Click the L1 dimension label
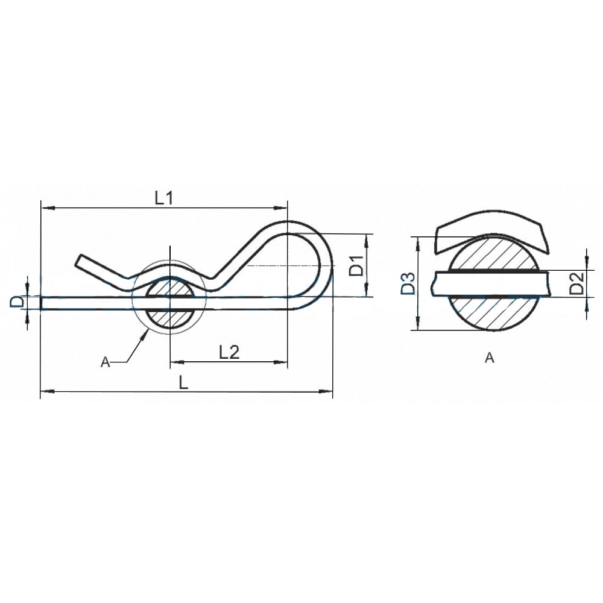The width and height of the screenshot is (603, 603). (164, 198)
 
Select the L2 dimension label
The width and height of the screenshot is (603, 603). (229, 352)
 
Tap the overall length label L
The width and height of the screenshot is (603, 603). (184, 383)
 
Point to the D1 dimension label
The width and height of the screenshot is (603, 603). (356, 265)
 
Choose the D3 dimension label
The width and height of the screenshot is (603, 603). (407, 283)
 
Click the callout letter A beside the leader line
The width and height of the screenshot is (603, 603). (106, 362)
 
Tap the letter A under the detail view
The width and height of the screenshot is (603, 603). (489, 358)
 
